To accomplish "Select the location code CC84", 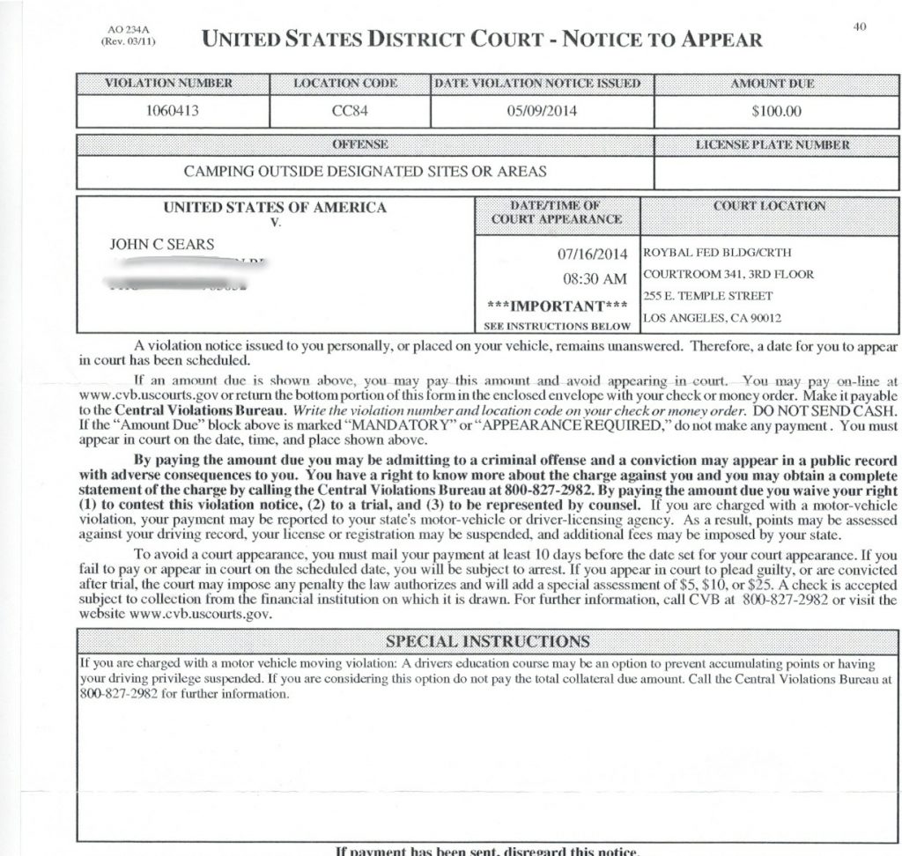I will tap(350, 112).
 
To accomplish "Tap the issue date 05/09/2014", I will tap(542, 112).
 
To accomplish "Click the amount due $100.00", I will tap(776, 112).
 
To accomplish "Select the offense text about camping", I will tap(365, 171).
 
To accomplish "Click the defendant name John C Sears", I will tap(161, 244).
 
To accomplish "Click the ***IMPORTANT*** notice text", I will tap(557, 306).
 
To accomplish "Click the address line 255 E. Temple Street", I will tap(708, 296).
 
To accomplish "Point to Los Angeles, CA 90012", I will tap(713, 318).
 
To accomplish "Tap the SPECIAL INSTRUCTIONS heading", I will tap(488, 640).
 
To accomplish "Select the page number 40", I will tap(860, 27).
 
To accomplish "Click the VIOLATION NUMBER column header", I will tap(169, 84).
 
